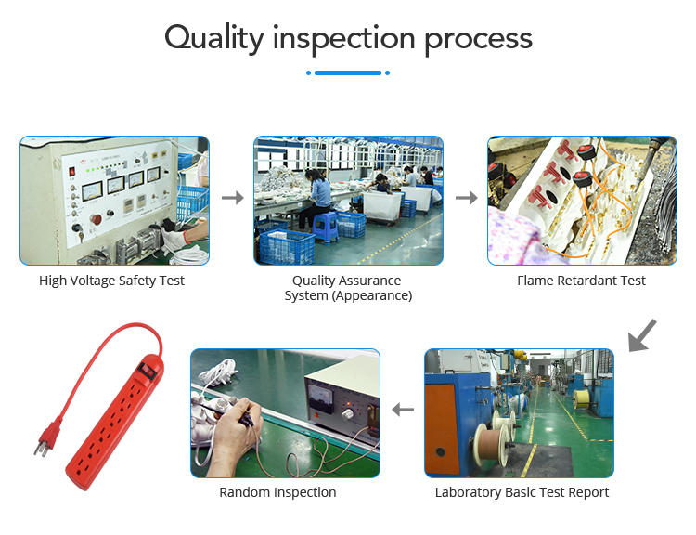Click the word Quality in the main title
[214, 39]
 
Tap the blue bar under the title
[348, 72]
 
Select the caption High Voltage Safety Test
[111, 281]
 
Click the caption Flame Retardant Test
[581, 281]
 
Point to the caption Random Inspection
[277, 492]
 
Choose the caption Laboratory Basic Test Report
[522, 492]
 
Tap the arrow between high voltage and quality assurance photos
[233, 198]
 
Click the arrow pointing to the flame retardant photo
[467, 198]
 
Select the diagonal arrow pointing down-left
[642, 336]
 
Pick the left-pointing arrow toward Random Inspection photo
[403, 410]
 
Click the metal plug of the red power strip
[41, 447]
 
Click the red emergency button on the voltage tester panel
[96, 219]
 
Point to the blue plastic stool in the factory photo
[326, 227]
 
